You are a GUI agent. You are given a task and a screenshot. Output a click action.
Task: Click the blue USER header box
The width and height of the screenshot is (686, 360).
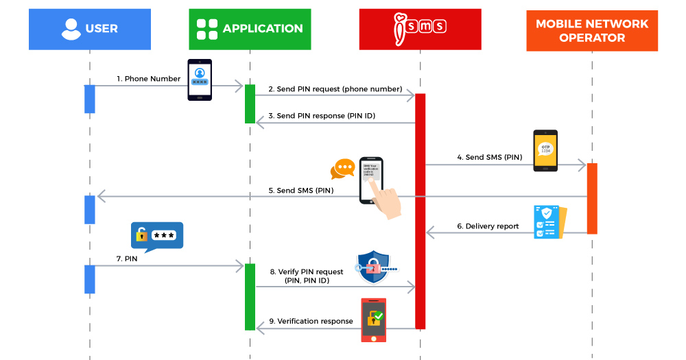tap(90, 29)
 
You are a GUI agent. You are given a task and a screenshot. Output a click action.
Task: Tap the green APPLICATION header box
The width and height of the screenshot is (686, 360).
tap(250, 29)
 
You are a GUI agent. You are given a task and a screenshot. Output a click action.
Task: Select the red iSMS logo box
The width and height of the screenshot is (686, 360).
tap(420, 29)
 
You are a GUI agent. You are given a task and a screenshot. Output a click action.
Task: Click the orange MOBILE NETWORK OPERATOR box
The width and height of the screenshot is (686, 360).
tap(592, 31)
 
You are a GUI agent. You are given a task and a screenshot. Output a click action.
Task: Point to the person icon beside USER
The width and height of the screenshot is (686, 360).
tap(71, 29)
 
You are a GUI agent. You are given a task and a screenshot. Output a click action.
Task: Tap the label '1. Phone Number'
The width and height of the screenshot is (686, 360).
tap(148, 79)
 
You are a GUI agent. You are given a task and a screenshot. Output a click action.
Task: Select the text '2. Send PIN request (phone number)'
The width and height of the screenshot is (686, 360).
tap(335, 89)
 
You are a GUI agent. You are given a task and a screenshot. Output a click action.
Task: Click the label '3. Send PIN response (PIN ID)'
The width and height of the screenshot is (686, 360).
tap(322, 116)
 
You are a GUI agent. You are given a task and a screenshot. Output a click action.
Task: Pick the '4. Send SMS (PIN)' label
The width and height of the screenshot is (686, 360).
tap(490, 157)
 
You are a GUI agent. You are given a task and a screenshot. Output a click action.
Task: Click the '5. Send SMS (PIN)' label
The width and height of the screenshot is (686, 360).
tap(301, 190)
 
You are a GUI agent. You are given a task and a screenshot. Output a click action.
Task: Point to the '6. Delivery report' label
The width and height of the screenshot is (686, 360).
tap(488, 226)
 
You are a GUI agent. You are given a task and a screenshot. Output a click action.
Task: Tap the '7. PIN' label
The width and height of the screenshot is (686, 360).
tap(126, 259)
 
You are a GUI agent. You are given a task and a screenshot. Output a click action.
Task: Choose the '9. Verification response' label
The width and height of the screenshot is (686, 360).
tap(311, 321)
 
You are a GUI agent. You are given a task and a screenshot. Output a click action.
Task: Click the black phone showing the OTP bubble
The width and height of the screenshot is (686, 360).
tap(545, 150)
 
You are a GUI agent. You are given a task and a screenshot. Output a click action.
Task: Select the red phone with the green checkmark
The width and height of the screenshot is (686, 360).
tap(374, 320)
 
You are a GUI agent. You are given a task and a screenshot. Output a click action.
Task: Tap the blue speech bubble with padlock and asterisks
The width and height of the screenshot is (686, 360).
tap(157, 235)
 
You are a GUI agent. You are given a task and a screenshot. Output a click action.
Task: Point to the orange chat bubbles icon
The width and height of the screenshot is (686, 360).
tap(342, 169)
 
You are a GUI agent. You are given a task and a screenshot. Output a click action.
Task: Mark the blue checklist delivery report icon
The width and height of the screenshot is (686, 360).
tap(549, 221)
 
